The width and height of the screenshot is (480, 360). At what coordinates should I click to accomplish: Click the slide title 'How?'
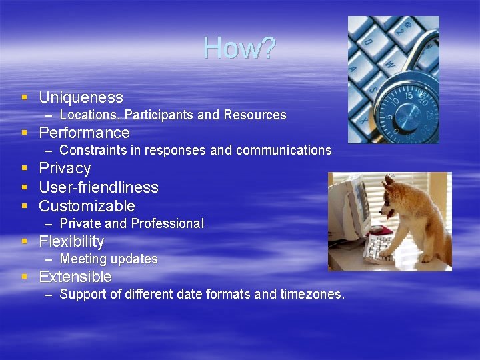[239, 48]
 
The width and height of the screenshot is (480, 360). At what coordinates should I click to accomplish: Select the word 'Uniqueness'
[81, 98]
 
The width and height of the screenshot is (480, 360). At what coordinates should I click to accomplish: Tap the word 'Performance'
[84, 133]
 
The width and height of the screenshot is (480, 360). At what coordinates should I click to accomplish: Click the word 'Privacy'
[65, 168]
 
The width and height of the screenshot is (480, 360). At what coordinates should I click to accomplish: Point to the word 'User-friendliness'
[99, 187]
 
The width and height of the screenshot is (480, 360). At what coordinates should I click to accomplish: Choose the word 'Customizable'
[87, 206]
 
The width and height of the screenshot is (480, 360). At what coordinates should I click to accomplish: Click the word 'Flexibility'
[71, 241]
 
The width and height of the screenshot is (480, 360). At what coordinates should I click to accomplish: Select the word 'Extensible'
[75, 277]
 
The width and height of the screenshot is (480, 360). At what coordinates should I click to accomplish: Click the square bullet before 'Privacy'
[24, 168]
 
